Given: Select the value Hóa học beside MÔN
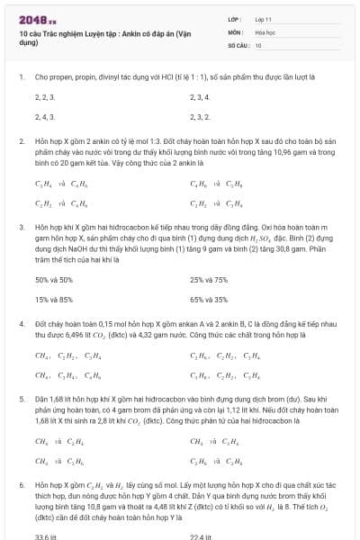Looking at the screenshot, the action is coord(264,31).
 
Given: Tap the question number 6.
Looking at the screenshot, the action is coord(21,483).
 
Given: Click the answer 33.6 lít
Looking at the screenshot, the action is coord(46,535).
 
